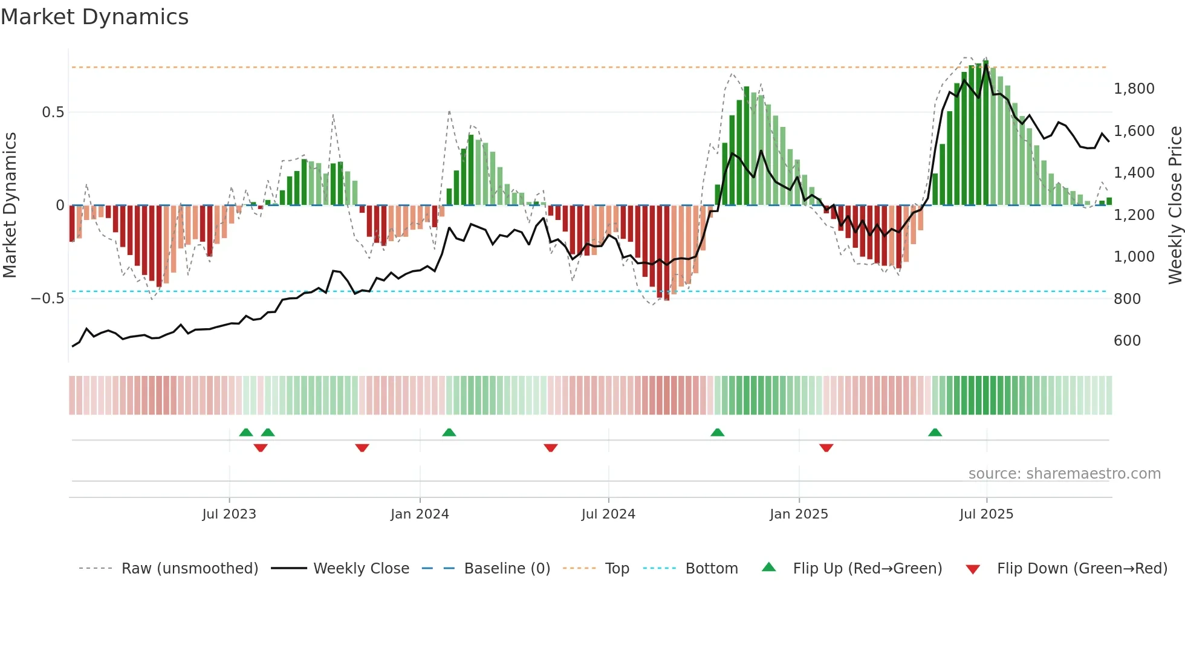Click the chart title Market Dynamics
tap(94, 17)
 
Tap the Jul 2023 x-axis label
tap(229, 514)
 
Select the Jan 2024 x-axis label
tap(420, 514)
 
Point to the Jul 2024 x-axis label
tap(608, 514)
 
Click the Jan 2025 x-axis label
tap(799, 514)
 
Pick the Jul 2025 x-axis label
tap(986, 514)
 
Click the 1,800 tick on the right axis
tap(1134, 89)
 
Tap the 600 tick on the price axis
tap(1127, 341)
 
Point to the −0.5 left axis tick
tap(47, 299)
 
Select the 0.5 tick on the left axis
tap(53, 112)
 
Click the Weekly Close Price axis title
tap(1175, 205)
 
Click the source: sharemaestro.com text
tap(1064, 474)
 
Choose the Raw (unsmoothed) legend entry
tap(189, 569)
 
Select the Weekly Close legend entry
tap(361, 569)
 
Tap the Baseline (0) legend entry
tap(507, 569)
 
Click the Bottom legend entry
tap(711, 569)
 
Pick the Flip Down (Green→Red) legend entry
tap(1082, 569)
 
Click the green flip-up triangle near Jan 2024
tap(449, 433)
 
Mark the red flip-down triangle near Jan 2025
tap(826, 447)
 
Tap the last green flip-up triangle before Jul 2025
tap(935, 433)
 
